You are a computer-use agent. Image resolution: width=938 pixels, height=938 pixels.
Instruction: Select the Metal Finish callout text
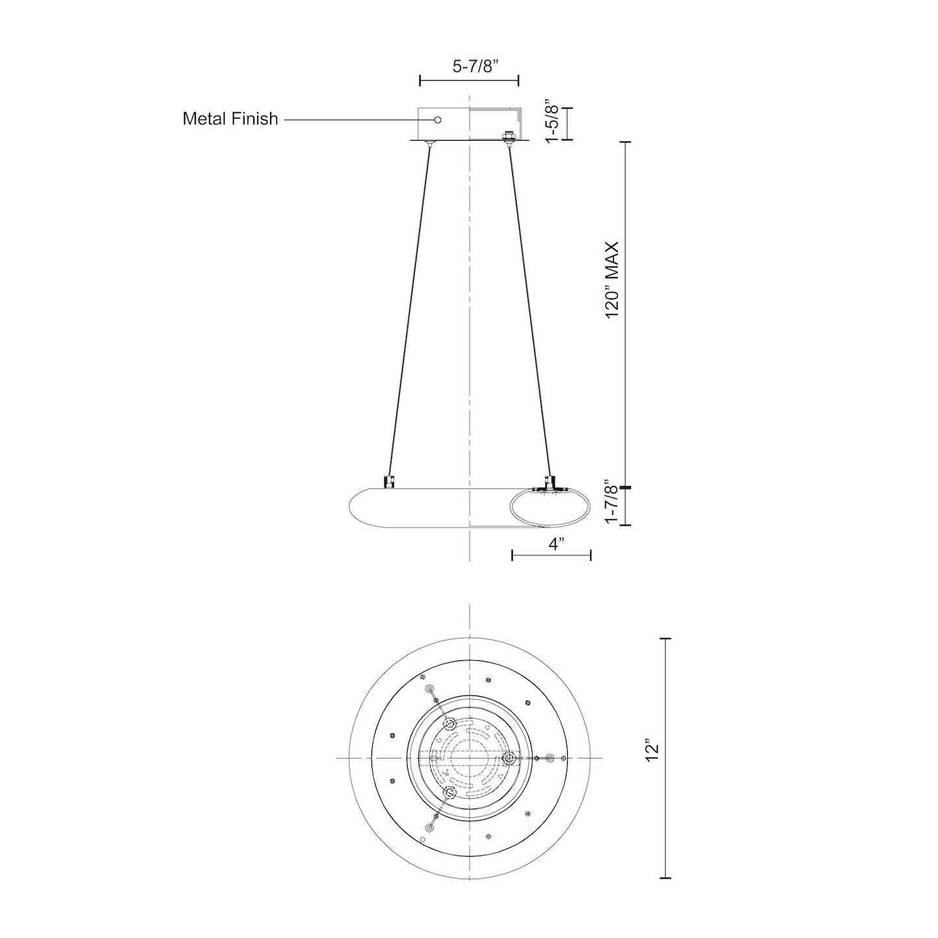230,119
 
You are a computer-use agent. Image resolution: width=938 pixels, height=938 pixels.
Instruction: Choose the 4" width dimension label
556,544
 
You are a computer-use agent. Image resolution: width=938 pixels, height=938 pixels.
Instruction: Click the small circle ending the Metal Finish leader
438,119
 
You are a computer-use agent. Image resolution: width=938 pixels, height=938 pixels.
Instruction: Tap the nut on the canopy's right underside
509,136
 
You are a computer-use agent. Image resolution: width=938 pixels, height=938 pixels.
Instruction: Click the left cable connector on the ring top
389,481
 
